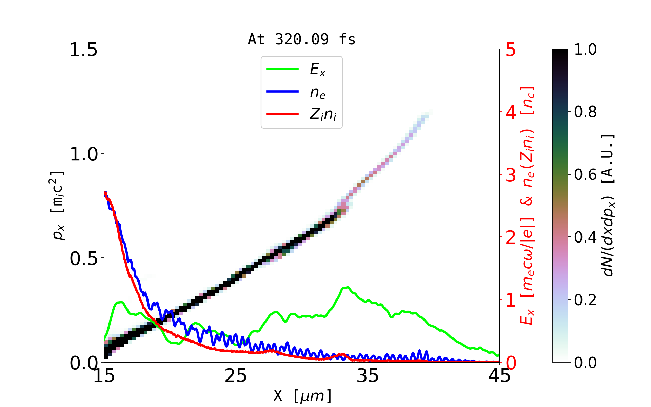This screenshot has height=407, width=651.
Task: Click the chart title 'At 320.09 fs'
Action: (301, 39)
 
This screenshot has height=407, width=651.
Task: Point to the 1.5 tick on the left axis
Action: (83, 50)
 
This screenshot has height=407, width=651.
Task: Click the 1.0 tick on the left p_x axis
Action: (83, 154)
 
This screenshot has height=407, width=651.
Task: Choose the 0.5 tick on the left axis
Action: (83, 259)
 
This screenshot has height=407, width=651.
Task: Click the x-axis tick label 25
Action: (236, 376)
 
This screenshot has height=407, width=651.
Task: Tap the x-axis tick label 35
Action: (368, 376)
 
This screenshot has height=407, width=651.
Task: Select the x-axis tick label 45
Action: (500, 376)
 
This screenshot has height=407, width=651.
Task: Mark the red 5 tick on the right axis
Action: (511, 50)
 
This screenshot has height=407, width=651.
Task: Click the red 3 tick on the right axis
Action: (511, 175)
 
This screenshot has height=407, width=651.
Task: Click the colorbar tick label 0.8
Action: (585, 112)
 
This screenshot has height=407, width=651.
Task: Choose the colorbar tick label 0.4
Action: (585, 237)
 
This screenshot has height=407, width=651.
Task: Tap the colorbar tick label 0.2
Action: (585, 300)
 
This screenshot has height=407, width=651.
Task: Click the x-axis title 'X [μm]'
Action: (303, 395)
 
